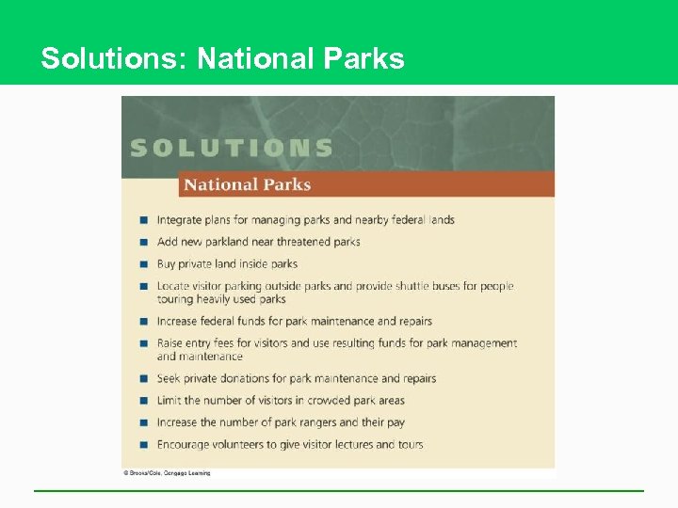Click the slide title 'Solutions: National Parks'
click(222, 58)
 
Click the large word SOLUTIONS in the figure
click(232, 148)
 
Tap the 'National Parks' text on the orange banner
click(247, 184)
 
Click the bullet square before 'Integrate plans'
click(143, 220)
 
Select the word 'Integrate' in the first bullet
click(179, 220)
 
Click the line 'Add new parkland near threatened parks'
click(258, 242)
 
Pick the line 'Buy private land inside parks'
click(227, 264)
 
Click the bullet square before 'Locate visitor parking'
click(143, 286)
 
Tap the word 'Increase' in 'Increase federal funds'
click(178, 321)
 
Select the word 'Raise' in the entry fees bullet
click(169, 343)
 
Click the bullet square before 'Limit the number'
click(143, 401)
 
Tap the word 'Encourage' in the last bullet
click(184, 444)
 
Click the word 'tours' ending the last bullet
click(409, 444)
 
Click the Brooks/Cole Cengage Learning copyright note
click(167, 473)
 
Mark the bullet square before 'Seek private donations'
click(143, 379)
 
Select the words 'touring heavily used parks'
click(221, 299)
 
